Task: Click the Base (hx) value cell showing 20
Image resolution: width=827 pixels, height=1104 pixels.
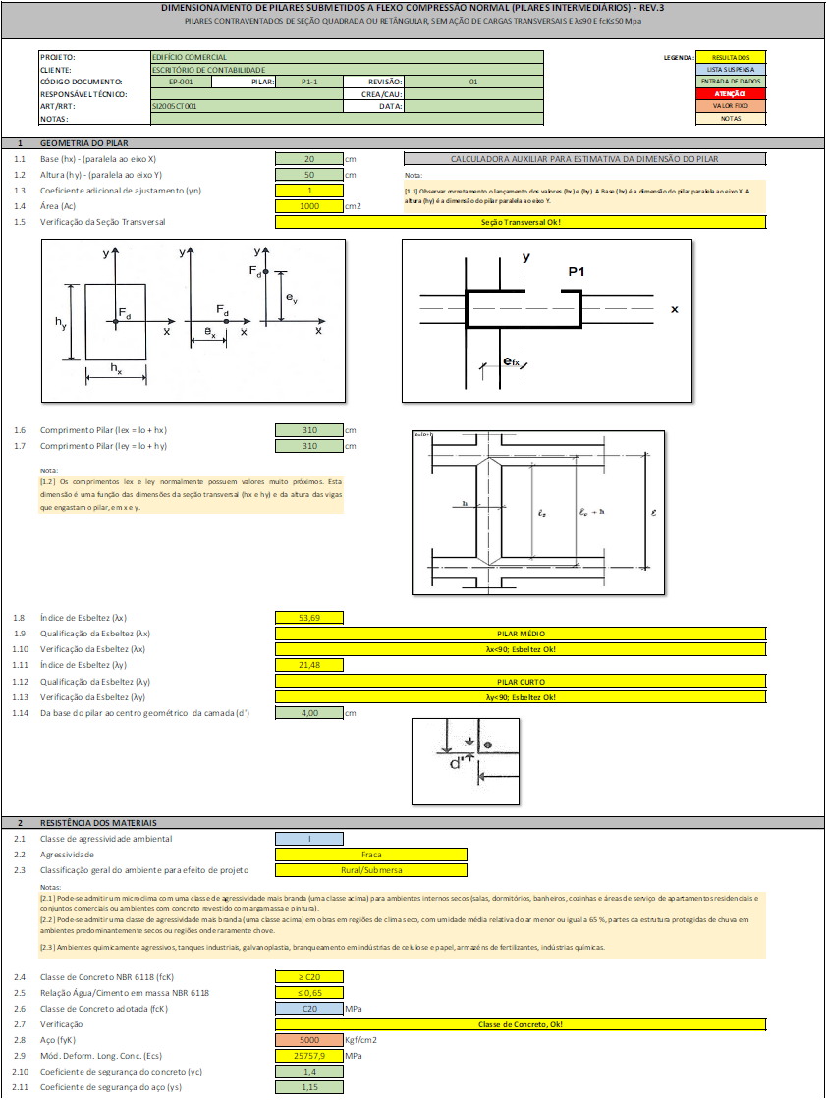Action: [x=309, y=158]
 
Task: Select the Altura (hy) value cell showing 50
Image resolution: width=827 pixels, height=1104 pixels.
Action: [x=309, y=174]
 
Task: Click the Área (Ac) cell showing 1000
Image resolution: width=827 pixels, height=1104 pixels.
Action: [x=309, y=206]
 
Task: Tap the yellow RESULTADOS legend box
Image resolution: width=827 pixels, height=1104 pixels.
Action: [x=731, y=58]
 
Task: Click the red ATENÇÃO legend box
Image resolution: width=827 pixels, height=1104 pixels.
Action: [x=731, y=93]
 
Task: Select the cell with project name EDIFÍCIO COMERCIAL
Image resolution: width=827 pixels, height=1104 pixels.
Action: [x=346, y=58]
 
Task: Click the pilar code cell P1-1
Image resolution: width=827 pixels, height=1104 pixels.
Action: [x=308, y=82]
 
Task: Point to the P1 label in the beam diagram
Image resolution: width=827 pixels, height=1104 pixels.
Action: [x=577, y=270]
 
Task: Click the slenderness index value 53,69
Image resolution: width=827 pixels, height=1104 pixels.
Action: [x=309, y=618]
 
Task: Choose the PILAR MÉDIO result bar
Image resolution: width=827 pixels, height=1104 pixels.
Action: [x=521, y=634]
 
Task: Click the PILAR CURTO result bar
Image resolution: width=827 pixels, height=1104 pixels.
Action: [x=521, y=681]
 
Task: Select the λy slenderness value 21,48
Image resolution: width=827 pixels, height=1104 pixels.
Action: [x=309, y=665]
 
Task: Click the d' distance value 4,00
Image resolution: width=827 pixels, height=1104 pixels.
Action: [x=309, y=712]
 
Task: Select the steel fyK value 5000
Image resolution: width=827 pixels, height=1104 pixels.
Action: [x=309, y=1039]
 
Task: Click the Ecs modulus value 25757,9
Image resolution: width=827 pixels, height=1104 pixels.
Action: [x=309, y=1055]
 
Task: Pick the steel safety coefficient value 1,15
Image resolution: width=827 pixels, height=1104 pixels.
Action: [x=309, y=1086]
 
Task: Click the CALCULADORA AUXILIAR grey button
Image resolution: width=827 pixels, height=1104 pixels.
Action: [x=583, y=158]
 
